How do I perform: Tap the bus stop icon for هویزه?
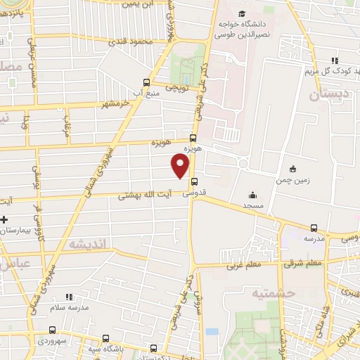pos(193,139)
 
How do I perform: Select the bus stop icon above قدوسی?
pos(193,181)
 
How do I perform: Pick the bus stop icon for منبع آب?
pos(146,81)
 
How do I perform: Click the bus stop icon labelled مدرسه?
pos(314,228)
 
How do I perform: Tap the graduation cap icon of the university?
pos(242,15)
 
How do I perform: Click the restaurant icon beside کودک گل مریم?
pos(335,60)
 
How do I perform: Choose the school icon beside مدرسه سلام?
pos(69,297)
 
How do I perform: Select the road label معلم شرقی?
pos(303,264)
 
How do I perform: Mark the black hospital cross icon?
pos(4,259)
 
